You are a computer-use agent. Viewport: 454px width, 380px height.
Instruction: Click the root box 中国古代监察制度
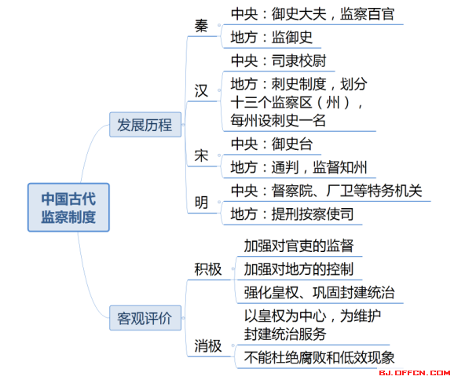[x=68, y=207]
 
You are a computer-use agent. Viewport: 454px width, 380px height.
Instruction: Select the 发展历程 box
[x=145, y=125]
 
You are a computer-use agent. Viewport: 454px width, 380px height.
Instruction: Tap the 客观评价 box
[x=145, y=318]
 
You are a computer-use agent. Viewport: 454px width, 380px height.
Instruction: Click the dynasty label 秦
[x=201, y=26]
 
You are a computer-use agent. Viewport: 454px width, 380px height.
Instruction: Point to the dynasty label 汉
[x=201, y=91]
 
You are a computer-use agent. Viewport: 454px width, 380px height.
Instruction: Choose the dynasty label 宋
[x=201, y=155]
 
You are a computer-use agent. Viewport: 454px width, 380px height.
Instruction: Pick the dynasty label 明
[x=201, y=203]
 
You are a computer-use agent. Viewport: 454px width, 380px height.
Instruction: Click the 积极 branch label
[x=208, y=269]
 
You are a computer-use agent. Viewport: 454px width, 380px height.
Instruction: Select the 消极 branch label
[x=208, y=345]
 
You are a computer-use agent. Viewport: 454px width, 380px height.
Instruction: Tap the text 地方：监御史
[x=272, y=38]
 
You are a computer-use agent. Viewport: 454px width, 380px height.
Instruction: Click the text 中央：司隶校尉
[x=279, y=60]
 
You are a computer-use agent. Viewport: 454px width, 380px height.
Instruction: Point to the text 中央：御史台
[x=272, y=144]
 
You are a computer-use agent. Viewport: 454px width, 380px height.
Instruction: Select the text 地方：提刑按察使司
[x=292, y=214]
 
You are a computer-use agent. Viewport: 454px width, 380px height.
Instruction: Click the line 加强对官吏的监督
[x=298, y=246]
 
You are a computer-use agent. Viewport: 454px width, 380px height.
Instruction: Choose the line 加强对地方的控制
[x=298, y=269]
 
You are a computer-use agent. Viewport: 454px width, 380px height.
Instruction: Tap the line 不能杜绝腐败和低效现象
[x=320, y=357]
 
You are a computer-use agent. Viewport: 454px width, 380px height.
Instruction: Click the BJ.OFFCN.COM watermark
[x=415, y=373]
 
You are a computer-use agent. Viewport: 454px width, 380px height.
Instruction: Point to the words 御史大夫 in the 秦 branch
[x=298, y=14]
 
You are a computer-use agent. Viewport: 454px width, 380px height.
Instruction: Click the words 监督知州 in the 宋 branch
[x=340, y=167]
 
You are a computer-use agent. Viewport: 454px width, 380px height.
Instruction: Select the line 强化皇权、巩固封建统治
[x=320, y=292]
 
